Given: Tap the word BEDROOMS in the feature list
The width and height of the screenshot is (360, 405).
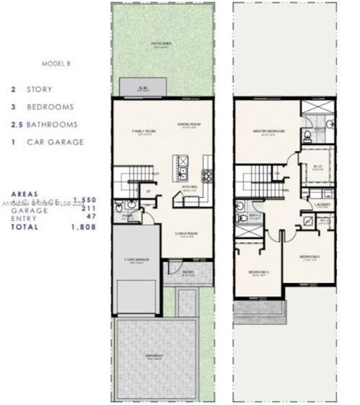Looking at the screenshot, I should (x=50, y=107).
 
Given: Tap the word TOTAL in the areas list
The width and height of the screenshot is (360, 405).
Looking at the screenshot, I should (x=25, y=227).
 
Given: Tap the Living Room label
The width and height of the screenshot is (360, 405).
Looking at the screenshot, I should (x=185, y=234).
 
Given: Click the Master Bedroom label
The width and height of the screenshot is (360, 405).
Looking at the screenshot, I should (x=268, y=131).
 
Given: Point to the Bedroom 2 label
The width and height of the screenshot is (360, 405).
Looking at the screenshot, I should (x=258, y=272).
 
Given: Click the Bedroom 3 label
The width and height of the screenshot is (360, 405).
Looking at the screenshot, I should (x=310, y=256).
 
